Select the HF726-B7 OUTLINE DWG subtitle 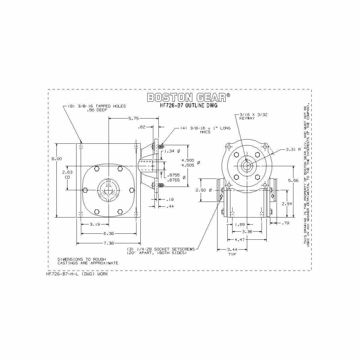189,106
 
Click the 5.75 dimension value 133,118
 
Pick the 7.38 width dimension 108,243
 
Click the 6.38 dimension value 108,233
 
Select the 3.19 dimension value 95,224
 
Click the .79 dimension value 286,223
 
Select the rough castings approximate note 88,261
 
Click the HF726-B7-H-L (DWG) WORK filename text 77,274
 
